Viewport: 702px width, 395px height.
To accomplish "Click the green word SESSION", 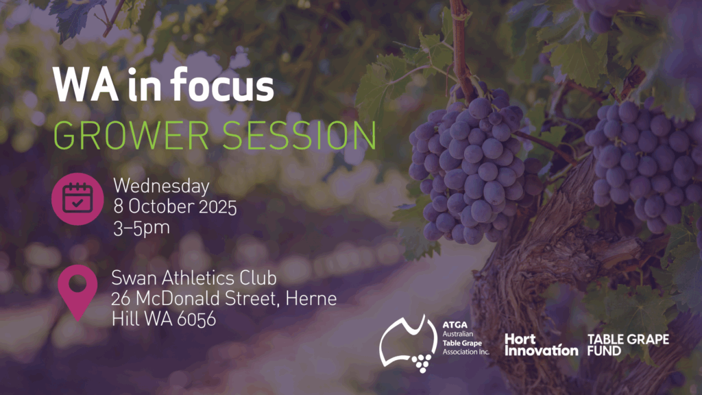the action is [x=299, y=135].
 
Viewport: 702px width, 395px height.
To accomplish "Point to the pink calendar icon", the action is [x=77, y=199].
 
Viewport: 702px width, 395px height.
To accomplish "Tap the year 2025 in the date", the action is [x=217, y=207].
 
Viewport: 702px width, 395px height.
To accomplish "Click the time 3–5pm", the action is [x=141, y=228].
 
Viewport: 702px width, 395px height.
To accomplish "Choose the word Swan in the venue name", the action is [x=134, y=278].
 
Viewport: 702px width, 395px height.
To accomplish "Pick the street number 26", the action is [x=121, y=299].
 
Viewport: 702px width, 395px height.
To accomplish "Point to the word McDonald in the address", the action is [x=178, y=298].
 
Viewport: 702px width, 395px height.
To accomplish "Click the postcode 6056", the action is [x=196, y=320].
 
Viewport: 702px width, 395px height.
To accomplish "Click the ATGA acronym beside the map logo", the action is [x=455, y=324].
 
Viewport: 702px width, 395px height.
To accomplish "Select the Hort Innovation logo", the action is [x=542, y=345].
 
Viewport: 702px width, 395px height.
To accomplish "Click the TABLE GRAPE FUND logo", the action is [x=628, y=345].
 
